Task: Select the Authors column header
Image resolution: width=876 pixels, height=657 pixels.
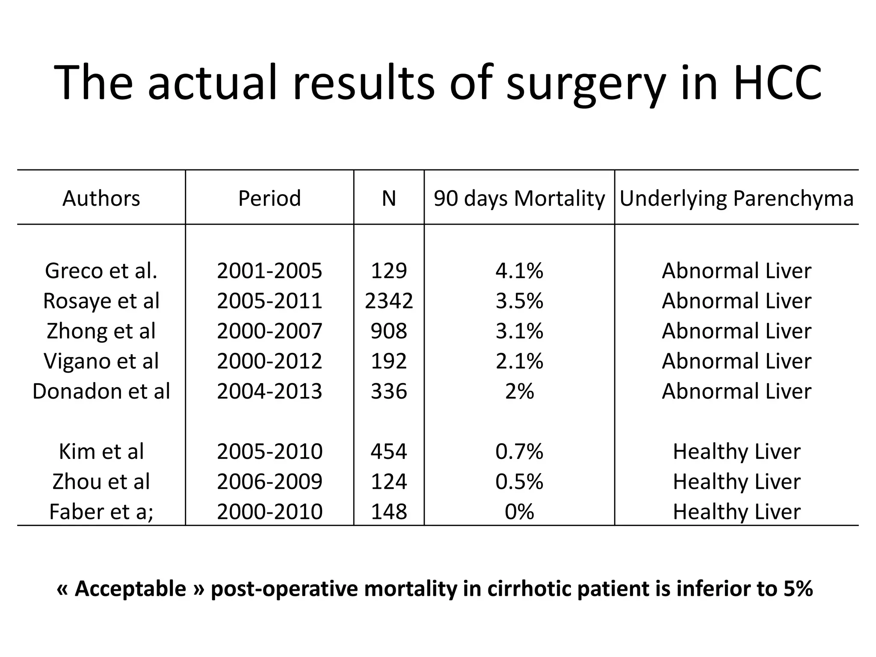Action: coord(101,198)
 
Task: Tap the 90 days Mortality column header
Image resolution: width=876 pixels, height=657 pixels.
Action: coord(519,198)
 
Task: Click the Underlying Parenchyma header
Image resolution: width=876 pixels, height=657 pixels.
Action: coord(737,198)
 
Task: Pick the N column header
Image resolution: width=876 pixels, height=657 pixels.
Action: coord(389,198)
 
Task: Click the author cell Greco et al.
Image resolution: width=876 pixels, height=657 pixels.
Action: coord(101,271)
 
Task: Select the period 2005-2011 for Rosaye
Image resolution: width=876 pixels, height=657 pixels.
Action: coord(269,301)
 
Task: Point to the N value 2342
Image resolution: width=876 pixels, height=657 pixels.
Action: coord(389,301)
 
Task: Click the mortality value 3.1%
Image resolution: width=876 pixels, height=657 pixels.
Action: coord(519,331)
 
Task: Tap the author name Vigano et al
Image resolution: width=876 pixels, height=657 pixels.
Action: coord(101,361)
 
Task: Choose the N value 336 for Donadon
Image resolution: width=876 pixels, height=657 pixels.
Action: coord(389,391)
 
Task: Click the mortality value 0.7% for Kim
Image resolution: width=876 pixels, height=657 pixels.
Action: coord(519,451)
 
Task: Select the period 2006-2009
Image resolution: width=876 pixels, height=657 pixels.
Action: coord(269,482)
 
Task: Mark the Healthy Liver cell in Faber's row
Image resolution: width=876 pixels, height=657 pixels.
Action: coord(737,512)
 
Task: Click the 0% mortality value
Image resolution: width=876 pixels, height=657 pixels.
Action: coord(519,512)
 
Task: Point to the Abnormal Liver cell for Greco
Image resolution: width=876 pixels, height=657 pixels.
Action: coord(737,271)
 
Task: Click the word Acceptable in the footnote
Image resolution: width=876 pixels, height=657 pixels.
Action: coord(130,589)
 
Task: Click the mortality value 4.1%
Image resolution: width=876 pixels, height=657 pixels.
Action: coord(519,271)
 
